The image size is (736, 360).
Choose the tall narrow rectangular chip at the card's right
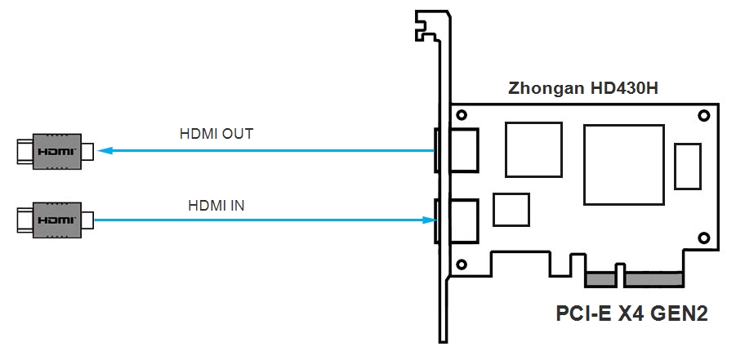[x=689, y=166]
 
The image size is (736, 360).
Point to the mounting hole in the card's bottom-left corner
[x=462, y=264]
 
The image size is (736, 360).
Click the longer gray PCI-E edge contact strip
[x=653, y=280]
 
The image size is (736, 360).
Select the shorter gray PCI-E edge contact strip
[x=600, y=280]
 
